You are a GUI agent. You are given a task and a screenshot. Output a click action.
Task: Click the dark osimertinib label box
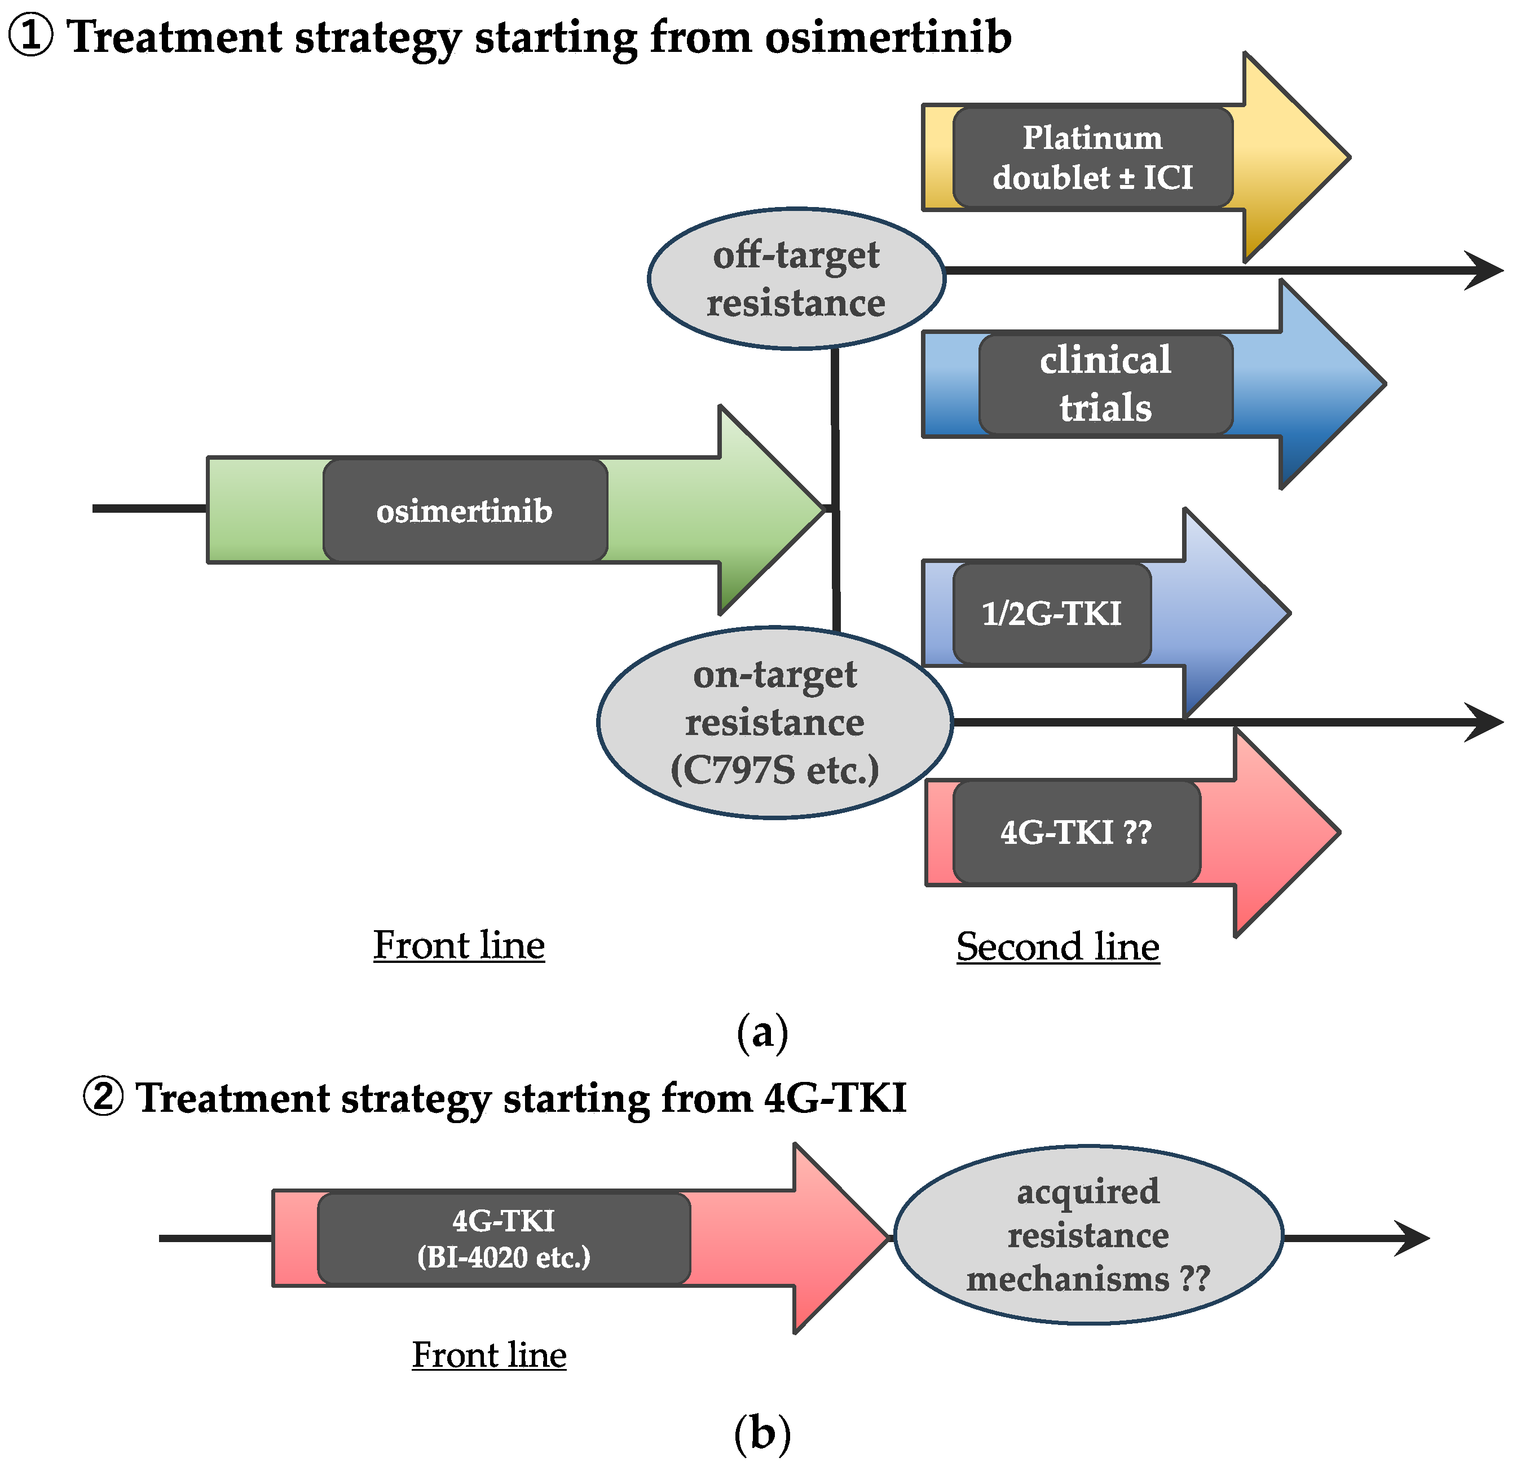tap(464, 510)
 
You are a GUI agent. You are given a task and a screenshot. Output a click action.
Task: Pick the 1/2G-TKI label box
tap(1052, 613)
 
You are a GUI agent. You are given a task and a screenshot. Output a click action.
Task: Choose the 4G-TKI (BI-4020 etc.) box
tap(504, 1238)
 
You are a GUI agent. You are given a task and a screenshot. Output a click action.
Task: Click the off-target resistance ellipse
tap(796, 279)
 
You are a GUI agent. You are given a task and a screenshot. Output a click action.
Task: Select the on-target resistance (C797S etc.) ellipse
tap(774, 722)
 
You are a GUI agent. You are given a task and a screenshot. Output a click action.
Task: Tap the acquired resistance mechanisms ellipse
tap(1088, 1235)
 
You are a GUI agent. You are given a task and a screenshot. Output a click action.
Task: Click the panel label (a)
tap(762, 1032)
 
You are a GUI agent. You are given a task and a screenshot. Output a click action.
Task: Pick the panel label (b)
tap(762, 1433)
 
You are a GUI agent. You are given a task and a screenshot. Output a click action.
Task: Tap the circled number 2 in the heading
tap(103, 1097)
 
